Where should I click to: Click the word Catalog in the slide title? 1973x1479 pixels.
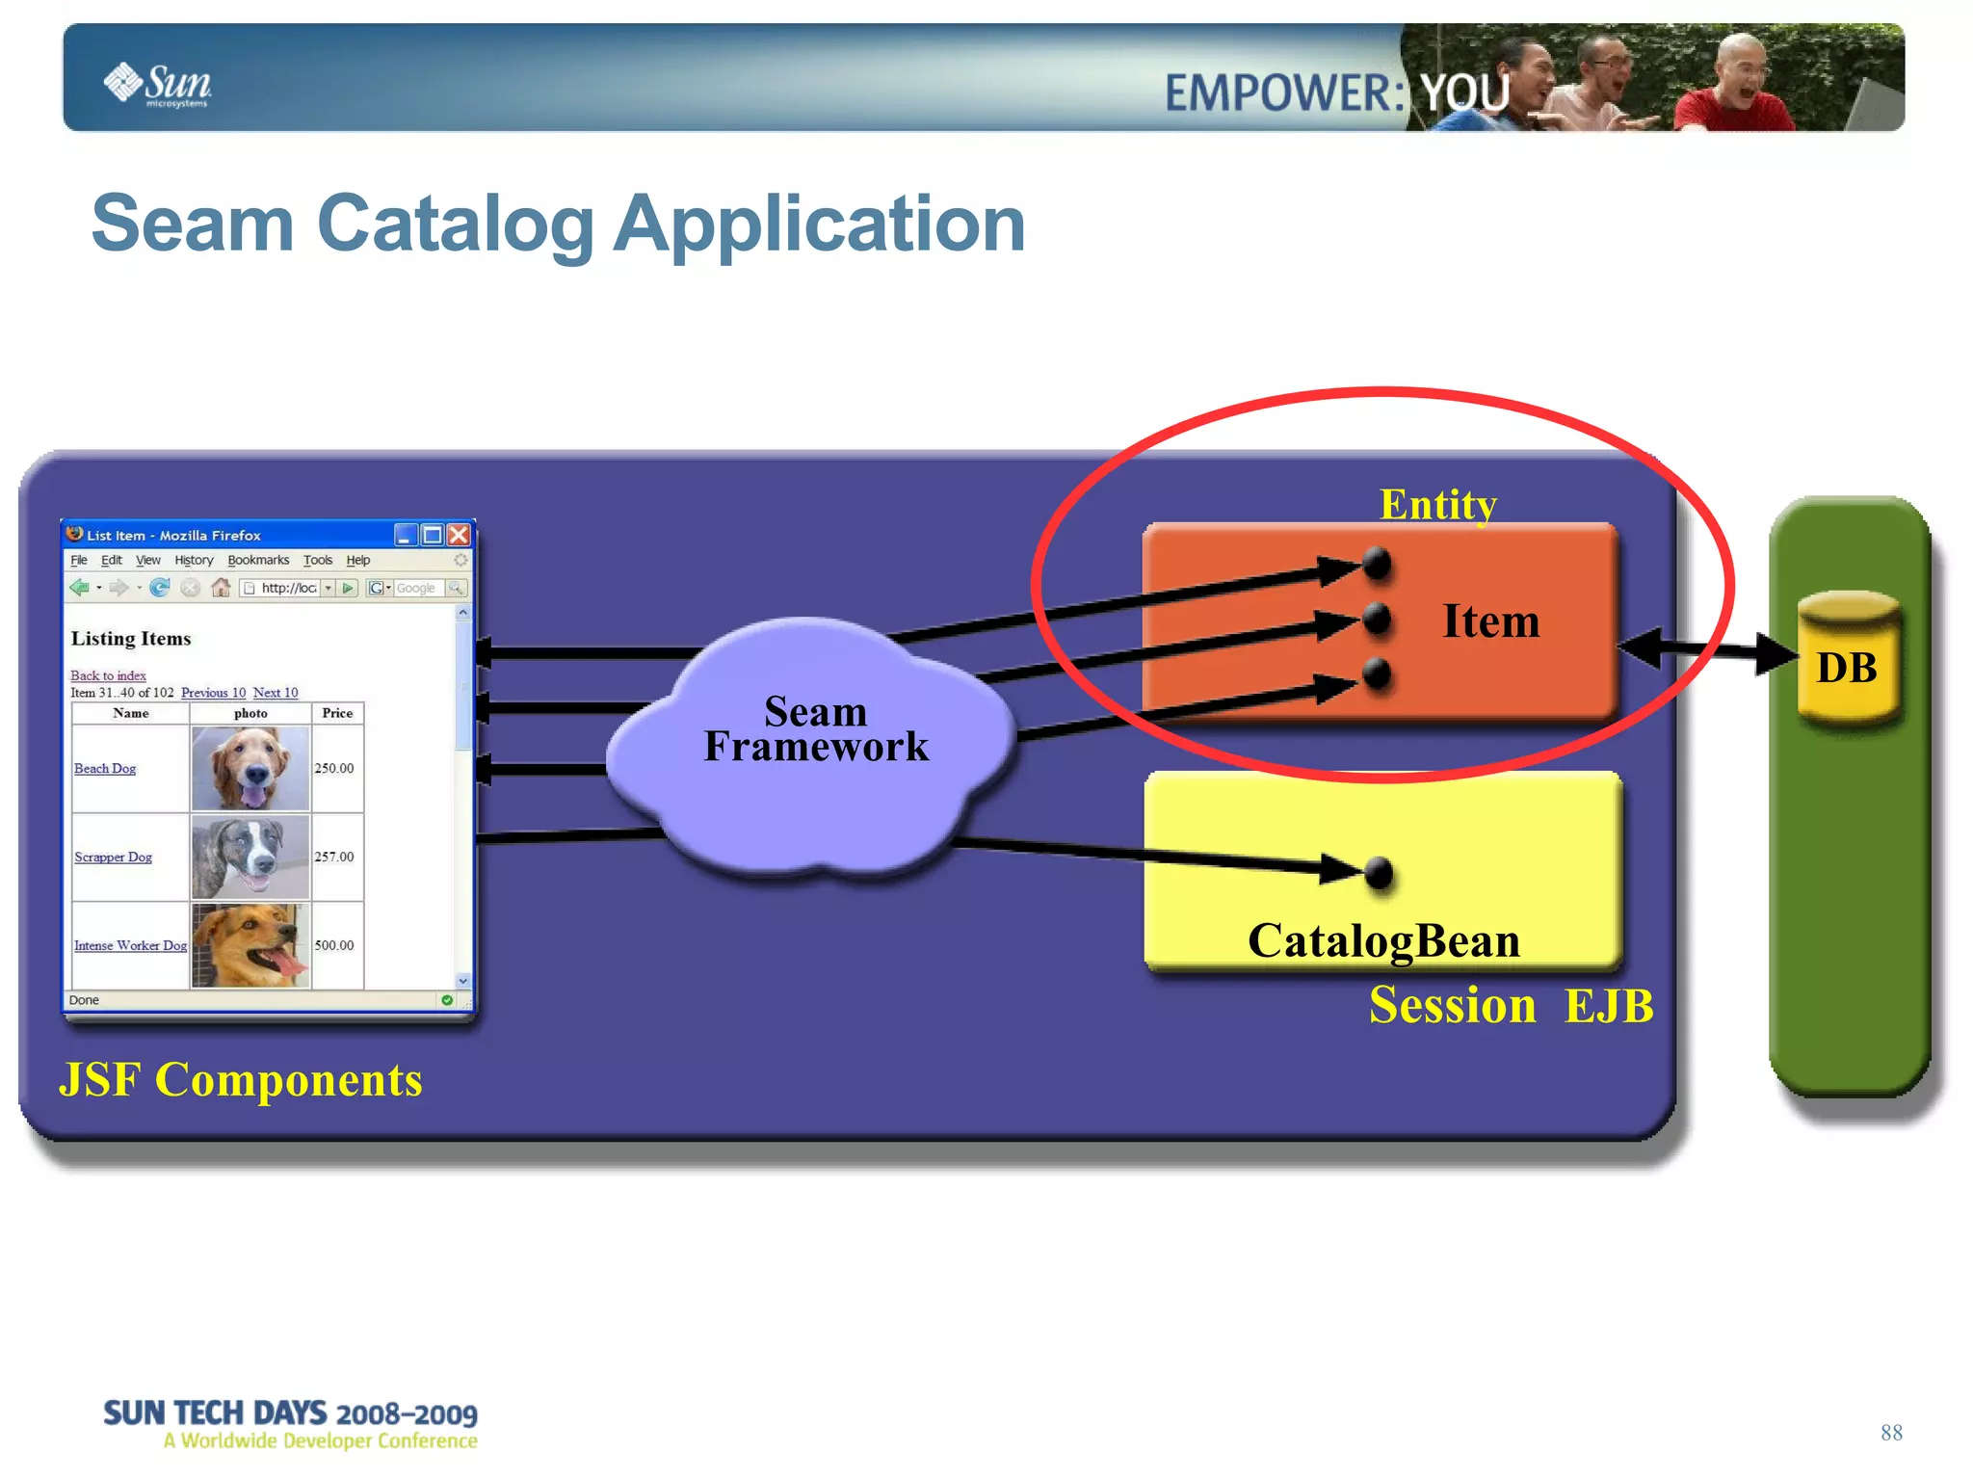point(455,224)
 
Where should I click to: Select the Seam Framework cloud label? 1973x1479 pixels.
point(816,729)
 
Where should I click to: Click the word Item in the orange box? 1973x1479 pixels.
point(1490,621)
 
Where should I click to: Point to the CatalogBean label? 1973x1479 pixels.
point(1383,941)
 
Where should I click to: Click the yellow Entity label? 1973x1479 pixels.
point(1437,504)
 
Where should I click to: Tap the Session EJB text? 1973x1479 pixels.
point(1511,1006)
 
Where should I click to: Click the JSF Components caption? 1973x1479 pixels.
point(241,1079)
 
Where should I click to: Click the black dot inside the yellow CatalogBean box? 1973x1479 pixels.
point(1380,873)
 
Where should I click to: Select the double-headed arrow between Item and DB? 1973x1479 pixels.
point(1705,650)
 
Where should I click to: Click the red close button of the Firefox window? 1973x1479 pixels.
point(460,535)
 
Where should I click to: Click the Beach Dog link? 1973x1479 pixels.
point(105,768)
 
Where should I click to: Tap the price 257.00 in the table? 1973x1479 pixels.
point(334,857)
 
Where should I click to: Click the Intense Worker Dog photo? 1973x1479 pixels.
point(250,945)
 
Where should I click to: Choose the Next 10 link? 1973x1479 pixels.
point(276,693)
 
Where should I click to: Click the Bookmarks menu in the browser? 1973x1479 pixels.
point(258,560)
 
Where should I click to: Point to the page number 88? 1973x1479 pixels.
point(1890,1433)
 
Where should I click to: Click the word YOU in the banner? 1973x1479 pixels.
point(1465,93)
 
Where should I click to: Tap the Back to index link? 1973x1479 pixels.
point(108,675)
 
